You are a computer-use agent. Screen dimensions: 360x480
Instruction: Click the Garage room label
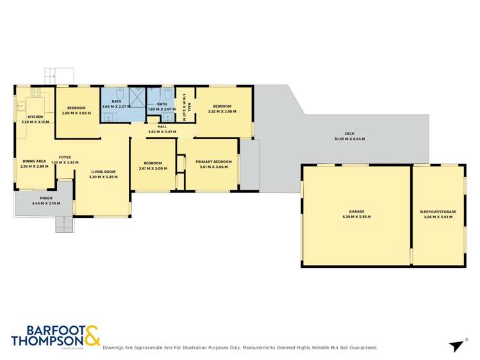[x=356, y=211]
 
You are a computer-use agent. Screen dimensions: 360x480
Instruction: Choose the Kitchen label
[x=35, y=117]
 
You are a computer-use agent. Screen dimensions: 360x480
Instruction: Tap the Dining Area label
[x=34, y=161]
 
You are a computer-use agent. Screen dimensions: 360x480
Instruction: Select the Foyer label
[x=65, y=157]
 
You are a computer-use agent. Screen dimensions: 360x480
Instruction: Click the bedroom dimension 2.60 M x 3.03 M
[x=77, y=113]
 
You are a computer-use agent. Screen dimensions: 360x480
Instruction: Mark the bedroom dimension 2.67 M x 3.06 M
[x=153, y=168]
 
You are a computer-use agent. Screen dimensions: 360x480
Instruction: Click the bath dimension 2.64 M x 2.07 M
[x=116, y=106]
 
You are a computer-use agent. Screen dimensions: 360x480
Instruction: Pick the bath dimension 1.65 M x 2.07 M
[x=161, y=109]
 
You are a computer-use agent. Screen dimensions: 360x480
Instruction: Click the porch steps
[x=63, y=225]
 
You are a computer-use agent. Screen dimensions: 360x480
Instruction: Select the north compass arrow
[x=456, y=346]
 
